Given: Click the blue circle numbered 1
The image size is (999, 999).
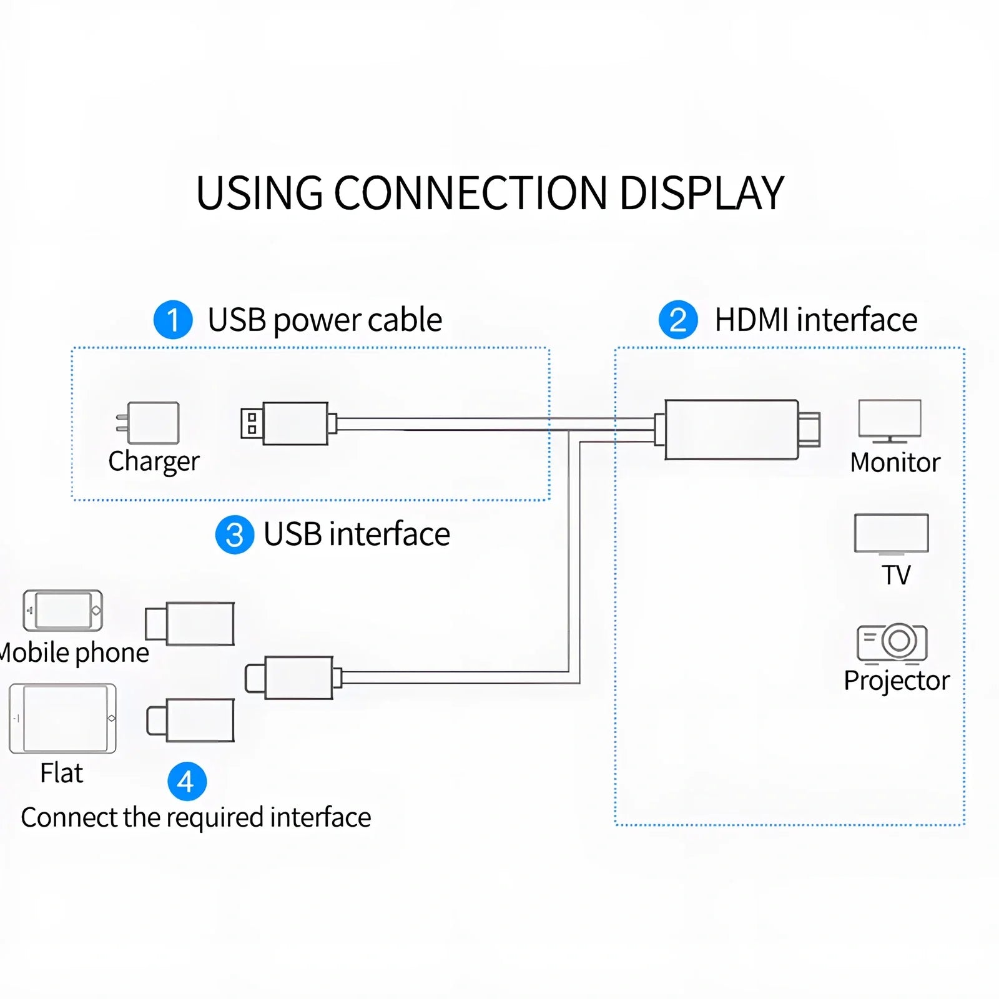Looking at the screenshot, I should tap(173, 320).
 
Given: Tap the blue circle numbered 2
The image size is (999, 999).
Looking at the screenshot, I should tap(678, 320).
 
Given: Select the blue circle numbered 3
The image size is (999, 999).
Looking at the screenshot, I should tap(234, 534).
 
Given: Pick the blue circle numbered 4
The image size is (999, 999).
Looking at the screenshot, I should tap(187, 781).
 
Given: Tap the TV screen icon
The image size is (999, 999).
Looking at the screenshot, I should tap(891, 534).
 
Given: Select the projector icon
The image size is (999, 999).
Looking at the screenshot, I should tap(892, 642).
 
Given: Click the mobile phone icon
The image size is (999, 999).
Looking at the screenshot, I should tap(62, 610).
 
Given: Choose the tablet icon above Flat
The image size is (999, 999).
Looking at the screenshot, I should tap(62, 718).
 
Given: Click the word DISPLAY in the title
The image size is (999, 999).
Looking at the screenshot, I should tap(701, 193).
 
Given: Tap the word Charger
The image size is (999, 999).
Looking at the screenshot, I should tap(154, 461).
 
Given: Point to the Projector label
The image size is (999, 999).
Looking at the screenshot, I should tap(896, 681).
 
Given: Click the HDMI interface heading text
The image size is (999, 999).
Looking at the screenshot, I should tap(815, 320).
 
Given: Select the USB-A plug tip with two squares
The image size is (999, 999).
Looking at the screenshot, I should tap(252, 423).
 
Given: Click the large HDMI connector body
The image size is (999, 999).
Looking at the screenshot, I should tap(731, 430).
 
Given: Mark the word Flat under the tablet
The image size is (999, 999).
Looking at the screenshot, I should tap(61, 773).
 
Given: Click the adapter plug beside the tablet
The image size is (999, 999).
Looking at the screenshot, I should tap(190, 720).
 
